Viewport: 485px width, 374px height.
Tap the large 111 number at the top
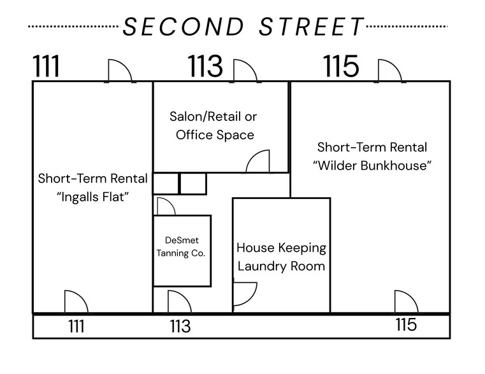click(x=47, y=67)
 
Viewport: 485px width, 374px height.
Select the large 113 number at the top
click(x=205, y=67)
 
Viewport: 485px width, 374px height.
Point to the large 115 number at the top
click(x=342, y=67)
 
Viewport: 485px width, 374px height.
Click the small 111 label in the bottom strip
click(x=76, y=327)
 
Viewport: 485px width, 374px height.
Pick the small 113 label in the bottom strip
click(x=180, y=327)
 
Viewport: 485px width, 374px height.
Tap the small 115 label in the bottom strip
click(x=406, y=325)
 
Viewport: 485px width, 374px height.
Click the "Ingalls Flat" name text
click(x=92, y=197)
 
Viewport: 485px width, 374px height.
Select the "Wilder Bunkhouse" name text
click(x=372, y=166)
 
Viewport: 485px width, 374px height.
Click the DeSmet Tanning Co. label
click(x=182, y=247)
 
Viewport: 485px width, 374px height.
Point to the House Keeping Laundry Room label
click(x=281, y=256)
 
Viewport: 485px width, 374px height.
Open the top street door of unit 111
click(x=120, y=71)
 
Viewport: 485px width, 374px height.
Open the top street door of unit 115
click(x=389, y=71)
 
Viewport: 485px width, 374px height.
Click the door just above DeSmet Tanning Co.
click(x=165, y=207)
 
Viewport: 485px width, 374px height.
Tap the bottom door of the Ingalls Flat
click(x=76, y=302)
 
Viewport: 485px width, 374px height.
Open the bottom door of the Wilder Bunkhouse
click(x=405, y=302)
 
